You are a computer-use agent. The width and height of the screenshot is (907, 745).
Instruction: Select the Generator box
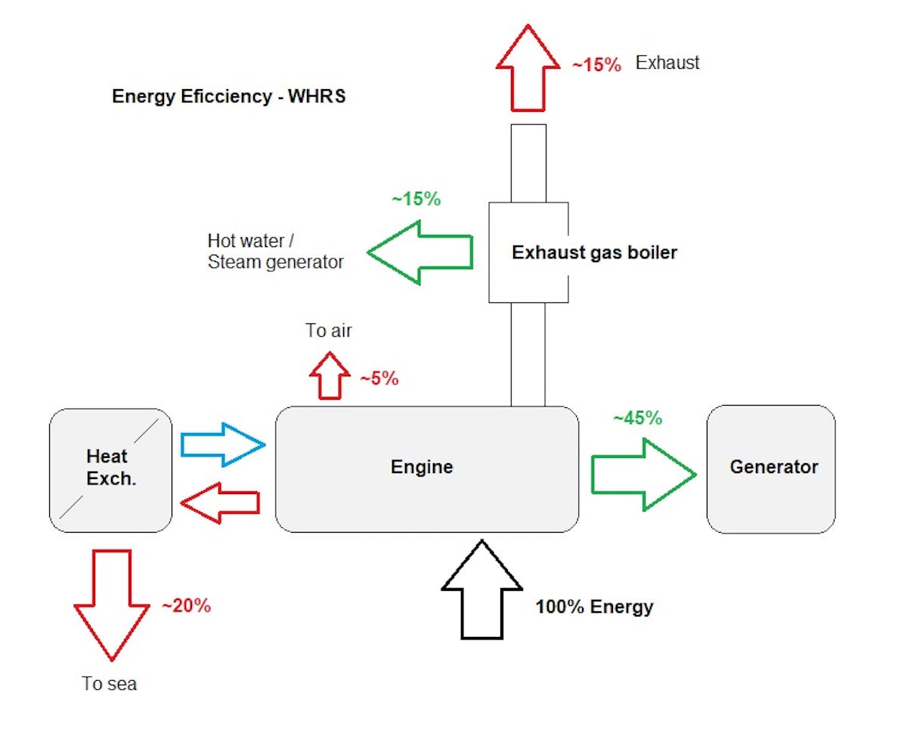coord(771,468)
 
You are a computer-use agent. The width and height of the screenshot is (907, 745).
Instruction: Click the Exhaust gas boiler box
coord(528,252)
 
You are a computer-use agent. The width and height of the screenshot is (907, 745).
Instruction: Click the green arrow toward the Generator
coord(642,475)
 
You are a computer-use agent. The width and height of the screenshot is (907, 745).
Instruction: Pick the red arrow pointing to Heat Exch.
coord(221,502)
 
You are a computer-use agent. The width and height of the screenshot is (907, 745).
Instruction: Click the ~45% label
coord(637,418)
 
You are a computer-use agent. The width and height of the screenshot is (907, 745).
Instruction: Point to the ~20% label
coord(186,605)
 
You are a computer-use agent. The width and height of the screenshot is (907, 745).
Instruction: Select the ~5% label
coord(379,379)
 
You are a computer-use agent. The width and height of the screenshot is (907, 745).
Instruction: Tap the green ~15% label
coord(416,199)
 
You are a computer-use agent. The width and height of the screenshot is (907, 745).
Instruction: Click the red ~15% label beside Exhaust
coord(596,65)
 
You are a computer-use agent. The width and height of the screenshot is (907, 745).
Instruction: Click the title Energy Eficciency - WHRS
coord(229,97)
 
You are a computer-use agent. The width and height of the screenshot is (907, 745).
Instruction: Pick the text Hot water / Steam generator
coord(275,252)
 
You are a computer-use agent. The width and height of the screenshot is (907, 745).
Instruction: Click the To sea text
coord(110,684)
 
